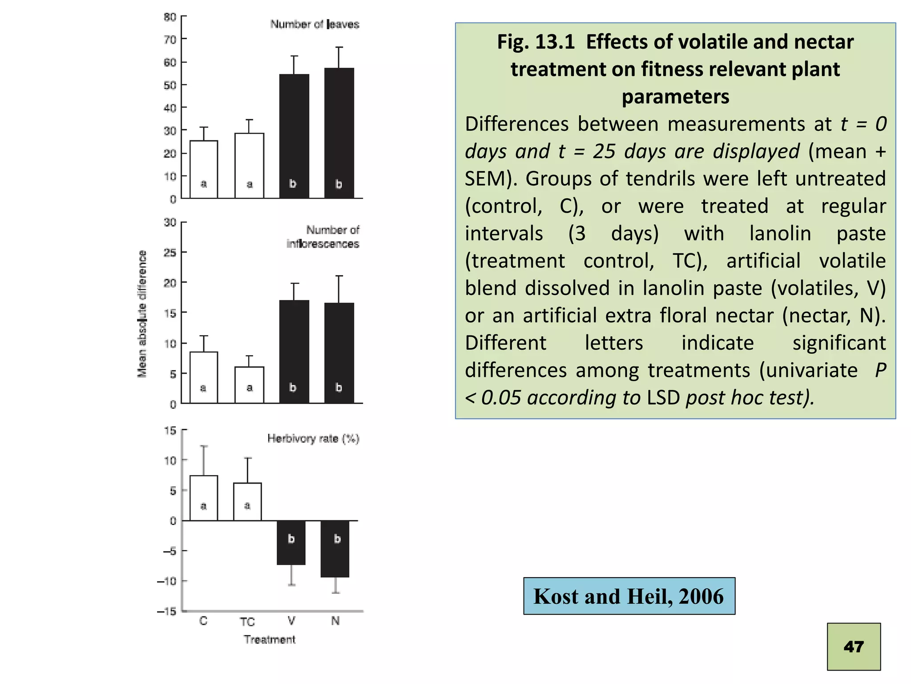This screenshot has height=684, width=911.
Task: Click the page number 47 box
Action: coord(853,646)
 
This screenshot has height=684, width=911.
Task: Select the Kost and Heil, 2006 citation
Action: coord(629,596)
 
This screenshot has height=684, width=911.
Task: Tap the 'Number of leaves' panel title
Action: coord(314,24)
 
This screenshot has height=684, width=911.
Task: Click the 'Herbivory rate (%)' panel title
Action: coord(313,439)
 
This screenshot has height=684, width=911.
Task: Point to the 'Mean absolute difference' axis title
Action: coord(142,314)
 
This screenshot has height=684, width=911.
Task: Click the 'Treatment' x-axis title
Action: coord(270,639)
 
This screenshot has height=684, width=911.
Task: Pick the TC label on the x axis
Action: coord(247,622)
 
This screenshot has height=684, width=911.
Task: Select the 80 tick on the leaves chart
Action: coord(170,17)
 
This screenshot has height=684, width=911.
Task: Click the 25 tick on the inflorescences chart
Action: coord(170,252)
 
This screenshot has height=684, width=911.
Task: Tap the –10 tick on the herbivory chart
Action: coord(167,581)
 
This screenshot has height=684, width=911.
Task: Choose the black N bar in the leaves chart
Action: coord(339,133)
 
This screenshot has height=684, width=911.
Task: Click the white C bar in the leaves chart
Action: coord(204,169)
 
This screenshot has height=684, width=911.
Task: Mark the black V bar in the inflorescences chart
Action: coord(294,352)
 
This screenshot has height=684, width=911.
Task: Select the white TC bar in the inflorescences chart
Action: coord(249,385)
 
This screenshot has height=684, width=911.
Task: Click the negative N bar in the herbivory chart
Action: coord(335,549)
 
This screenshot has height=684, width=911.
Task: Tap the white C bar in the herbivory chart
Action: coord(204,498)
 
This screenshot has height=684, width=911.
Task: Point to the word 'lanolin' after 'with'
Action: coord(780,233)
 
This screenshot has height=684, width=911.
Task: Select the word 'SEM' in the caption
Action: coord(483,179)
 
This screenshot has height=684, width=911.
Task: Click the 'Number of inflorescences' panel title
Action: coord(323,237)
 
